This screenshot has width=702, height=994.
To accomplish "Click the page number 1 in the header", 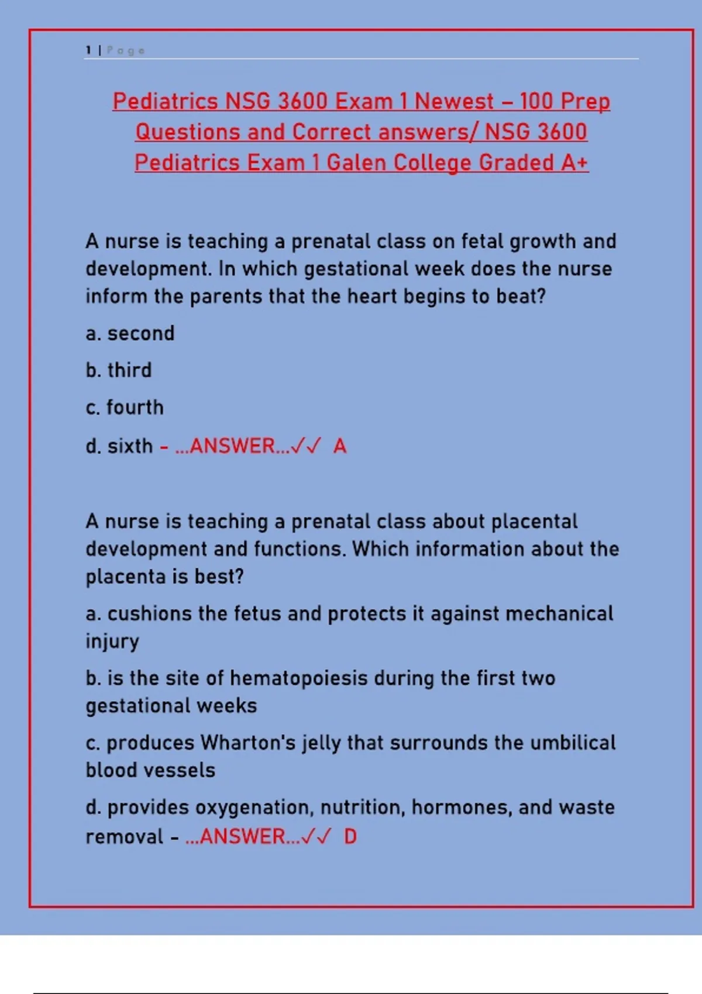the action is point(88,51).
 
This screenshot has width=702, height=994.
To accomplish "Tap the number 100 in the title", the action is point(536,102).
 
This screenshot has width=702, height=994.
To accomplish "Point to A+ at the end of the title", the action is point(574,163).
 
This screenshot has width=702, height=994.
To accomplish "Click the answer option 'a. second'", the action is point(130,333).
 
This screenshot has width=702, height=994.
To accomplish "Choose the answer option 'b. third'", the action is point(119,370).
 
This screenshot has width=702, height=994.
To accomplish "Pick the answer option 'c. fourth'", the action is point(125,408).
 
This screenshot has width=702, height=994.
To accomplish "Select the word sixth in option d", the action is point(130,446).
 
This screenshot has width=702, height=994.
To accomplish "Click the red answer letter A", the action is point(340,446).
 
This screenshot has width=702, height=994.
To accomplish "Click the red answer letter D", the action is point(350,837).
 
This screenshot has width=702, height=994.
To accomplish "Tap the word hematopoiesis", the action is point(299,679).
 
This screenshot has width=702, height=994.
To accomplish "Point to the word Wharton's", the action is point(248,743).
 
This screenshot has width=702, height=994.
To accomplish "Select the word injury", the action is point(112,641).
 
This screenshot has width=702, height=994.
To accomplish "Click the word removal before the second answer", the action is point(125,837).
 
